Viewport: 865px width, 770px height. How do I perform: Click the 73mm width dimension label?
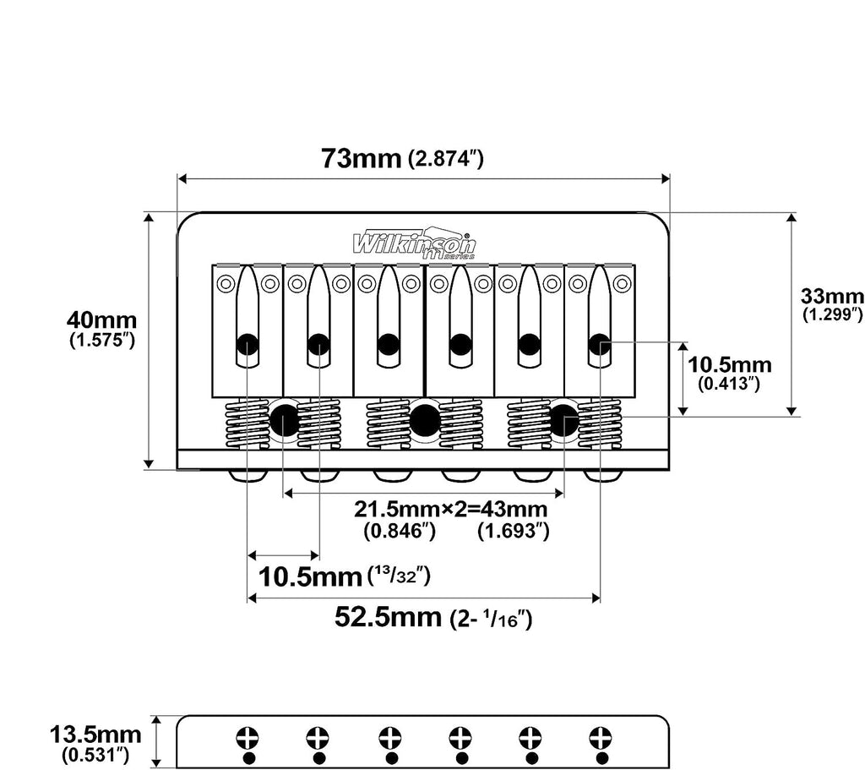(x=362, y=158)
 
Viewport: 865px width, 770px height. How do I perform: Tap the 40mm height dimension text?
(x=101, y=320)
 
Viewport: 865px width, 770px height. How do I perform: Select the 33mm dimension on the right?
(x=832, y=297)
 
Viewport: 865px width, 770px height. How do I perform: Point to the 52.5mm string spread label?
(x=388, y=616)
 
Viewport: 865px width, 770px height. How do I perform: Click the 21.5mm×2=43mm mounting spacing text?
(x=451, y=509)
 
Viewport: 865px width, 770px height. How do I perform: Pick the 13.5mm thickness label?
(x=95, y=735)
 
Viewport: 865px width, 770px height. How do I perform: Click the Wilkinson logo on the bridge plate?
(x=414, y=243)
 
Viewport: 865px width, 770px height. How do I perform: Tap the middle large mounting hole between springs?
(x=425, y=421)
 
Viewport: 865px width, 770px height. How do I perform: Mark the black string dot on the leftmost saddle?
(x=248, y=345)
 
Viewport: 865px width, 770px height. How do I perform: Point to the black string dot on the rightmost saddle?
(x=599, y=345)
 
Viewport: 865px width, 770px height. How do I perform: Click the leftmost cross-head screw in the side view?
(x=248, y=738)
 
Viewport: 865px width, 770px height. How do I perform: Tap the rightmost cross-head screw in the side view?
(x=600, y=738)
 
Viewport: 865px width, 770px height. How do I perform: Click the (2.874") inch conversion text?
(x=446, y=160)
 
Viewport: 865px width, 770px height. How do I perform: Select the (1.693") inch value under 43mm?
(x=514, y=531)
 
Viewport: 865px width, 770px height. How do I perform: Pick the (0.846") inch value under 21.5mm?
(x=400, y=531)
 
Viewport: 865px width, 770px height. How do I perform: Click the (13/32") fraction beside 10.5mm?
(x=399, y=576)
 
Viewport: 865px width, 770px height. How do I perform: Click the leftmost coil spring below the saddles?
(x=248, y=425)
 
